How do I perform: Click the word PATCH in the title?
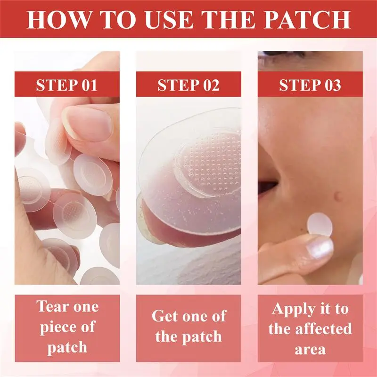307,19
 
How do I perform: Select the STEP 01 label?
66,85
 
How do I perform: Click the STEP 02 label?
188,85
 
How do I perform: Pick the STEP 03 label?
310,85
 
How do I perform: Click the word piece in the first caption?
57,328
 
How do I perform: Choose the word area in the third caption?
310,350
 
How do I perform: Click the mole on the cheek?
338,197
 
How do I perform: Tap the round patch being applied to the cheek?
320,224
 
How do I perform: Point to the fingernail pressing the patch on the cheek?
320,248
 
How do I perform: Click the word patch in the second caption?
202,337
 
